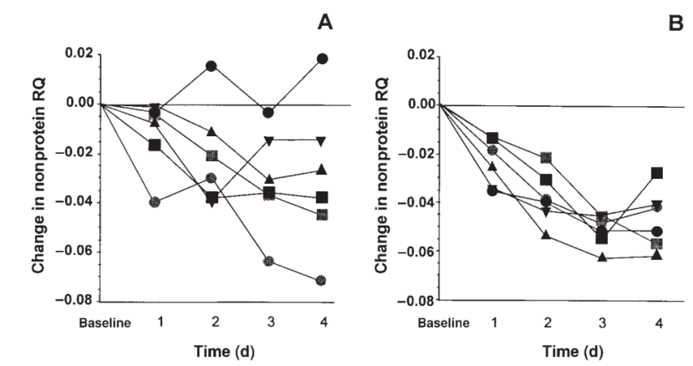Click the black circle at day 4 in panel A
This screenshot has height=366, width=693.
point(323,58)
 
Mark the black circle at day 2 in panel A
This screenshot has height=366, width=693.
point(211,66)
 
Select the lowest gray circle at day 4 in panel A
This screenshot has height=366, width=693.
point(323,281)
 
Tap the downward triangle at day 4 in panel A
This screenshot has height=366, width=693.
point(323,140)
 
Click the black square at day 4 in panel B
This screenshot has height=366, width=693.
point(657,173)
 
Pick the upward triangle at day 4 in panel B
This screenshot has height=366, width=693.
point(657,255)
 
